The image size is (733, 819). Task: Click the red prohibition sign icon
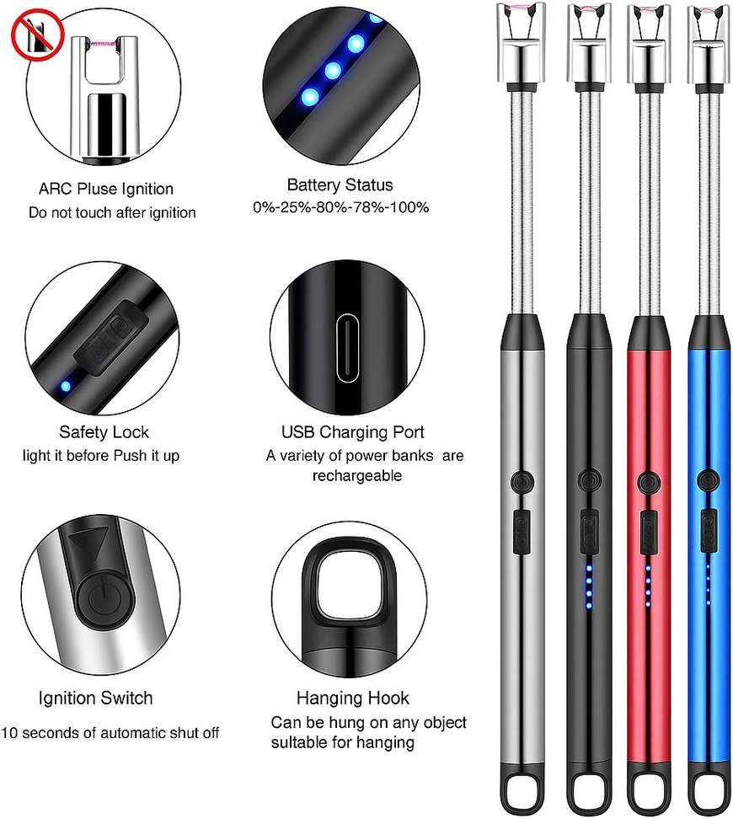click(37, 35)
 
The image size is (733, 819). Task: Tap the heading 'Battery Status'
click(340, 185)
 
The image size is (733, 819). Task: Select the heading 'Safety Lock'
click(104, 432)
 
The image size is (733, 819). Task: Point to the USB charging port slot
click(347, 348)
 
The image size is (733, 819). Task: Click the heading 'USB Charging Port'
click(353, 432)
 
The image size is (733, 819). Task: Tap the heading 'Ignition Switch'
click(95, 698)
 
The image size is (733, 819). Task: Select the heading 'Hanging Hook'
click(353, 698)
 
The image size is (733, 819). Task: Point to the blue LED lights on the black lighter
click(589, 587)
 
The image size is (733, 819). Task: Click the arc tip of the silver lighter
click(522, 8)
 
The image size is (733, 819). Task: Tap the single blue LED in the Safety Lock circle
click(66, 387)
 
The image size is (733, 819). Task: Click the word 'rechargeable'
click(357, 475)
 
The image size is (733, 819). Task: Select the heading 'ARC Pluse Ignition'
click(106, 189)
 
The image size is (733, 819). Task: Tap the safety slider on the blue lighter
click(709, 531)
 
